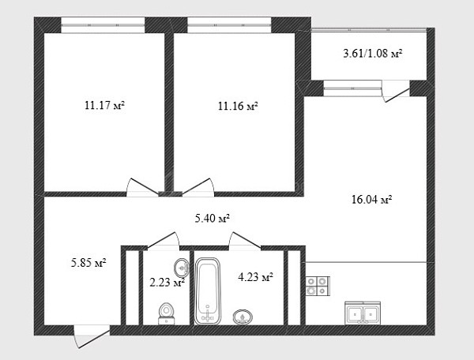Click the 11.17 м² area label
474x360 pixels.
click(x=104, y=106)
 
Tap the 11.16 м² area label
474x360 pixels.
click(x=238, y=106)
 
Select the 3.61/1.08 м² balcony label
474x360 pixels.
click(x=373, y=54)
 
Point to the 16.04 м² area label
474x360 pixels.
click(x=372, y=200)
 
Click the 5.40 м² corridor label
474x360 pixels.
click(x=213, y=218)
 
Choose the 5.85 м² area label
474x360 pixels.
click(x=88, y=263)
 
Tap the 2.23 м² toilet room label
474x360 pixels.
click(x=167, y=283)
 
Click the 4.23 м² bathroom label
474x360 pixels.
click(x=255, y=277)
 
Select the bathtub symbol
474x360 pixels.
click(x=207, y=291)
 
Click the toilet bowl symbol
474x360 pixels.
click(x=166, y=313)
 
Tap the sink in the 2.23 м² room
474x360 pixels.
click(x=182, y=268)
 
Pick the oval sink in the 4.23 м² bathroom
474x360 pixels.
click(x=243, y=317)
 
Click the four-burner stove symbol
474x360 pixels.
click(x=318, y=286)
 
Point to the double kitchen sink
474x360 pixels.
click(x=363, y=313)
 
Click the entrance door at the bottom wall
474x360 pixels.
click(x=92, y=336)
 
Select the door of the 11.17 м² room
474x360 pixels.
click(x=142, y=187)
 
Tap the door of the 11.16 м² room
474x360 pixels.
click(x=198, y=187)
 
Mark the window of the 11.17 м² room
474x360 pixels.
click(x=103, y=25)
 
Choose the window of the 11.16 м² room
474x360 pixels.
click(x=229, y=25)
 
